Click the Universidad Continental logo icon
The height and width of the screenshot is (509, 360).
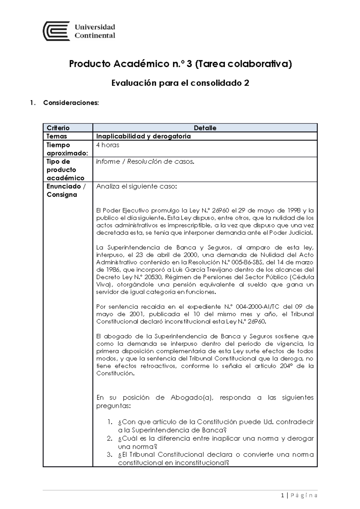tap(56, 31)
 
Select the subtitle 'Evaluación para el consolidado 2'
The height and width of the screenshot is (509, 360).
tap(180, 83)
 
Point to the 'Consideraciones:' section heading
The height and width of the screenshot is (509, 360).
tap(71, 103)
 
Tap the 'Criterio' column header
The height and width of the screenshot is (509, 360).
tap(58, 128)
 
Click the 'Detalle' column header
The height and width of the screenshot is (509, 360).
tap(205, 128)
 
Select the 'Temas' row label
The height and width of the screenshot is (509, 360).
tap(57, 136)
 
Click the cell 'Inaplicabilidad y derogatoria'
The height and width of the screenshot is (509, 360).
tap(143, 136)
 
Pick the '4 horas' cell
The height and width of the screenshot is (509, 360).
tap(108, 145)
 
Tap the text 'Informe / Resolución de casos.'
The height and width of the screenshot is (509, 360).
tap(145, 162)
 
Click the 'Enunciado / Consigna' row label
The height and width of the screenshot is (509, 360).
tap(66, 190)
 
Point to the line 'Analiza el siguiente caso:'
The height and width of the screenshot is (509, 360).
tap(136, 186)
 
